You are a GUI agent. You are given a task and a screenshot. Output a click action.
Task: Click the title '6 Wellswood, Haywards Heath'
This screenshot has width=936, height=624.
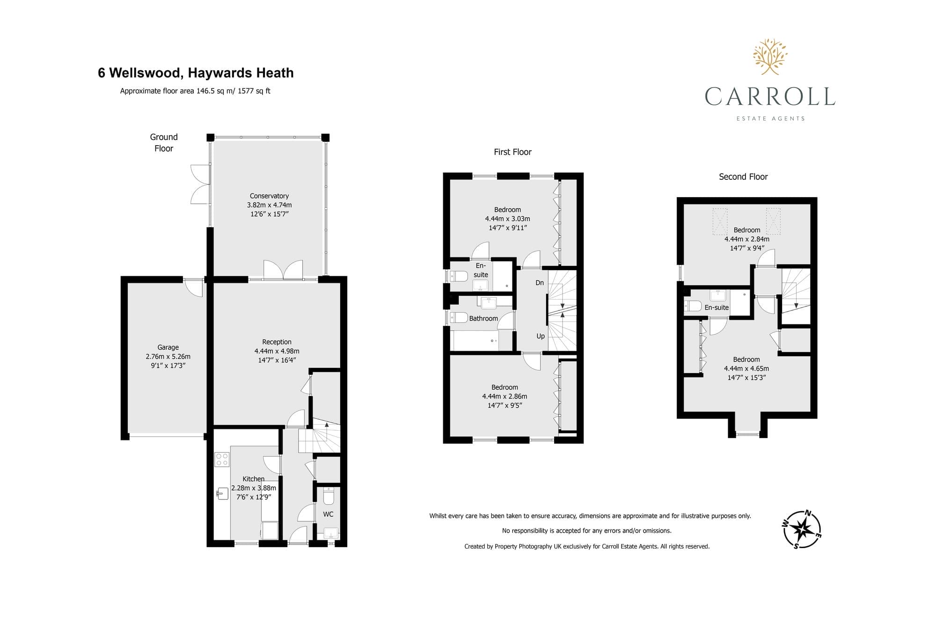pos(196,73)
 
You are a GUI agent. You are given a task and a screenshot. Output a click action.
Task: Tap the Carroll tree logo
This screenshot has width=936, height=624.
pos(770,57)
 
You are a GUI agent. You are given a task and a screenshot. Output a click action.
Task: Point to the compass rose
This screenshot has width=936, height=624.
pos(802,529)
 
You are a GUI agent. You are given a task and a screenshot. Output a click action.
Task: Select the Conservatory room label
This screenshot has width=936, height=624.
pos(269,196)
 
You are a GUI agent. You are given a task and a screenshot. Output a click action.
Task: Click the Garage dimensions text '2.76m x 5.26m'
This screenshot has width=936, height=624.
pos(168,356)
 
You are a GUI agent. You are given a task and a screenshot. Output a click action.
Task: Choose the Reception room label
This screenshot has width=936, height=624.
pos(277,342)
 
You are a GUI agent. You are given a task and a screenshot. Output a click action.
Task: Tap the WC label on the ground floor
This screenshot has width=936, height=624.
pos(328,514)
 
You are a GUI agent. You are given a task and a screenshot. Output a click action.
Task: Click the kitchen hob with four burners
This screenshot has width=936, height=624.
pos(222,459)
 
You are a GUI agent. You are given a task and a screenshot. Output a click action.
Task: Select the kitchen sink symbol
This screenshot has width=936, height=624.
pos(222,493)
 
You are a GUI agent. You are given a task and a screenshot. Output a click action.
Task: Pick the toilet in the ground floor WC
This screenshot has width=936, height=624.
pos(329,495)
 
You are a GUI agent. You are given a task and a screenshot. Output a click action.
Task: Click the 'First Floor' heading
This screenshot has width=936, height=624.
pos(512,152)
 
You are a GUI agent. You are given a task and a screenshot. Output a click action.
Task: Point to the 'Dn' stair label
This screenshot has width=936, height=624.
pos(540,283)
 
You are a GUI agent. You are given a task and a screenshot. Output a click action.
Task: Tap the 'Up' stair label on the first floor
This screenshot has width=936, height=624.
pos(541,336)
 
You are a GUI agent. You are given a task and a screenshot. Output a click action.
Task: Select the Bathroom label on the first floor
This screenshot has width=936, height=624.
pos(483,318)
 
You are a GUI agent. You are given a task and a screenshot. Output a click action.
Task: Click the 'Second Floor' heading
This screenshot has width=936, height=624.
pos(743,177)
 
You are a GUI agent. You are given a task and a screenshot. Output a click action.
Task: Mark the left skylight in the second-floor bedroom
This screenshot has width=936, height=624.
pos(720,221)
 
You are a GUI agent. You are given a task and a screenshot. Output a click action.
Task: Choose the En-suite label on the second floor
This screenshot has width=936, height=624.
pos(717,308)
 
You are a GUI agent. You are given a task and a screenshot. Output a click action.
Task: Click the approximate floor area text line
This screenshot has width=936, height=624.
pos(195,91)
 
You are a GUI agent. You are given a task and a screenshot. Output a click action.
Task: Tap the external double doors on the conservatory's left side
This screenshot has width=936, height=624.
pos(201,184)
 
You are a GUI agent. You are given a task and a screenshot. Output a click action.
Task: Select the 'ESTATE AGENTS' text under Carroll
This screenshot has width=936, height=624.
pos(770,118)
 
